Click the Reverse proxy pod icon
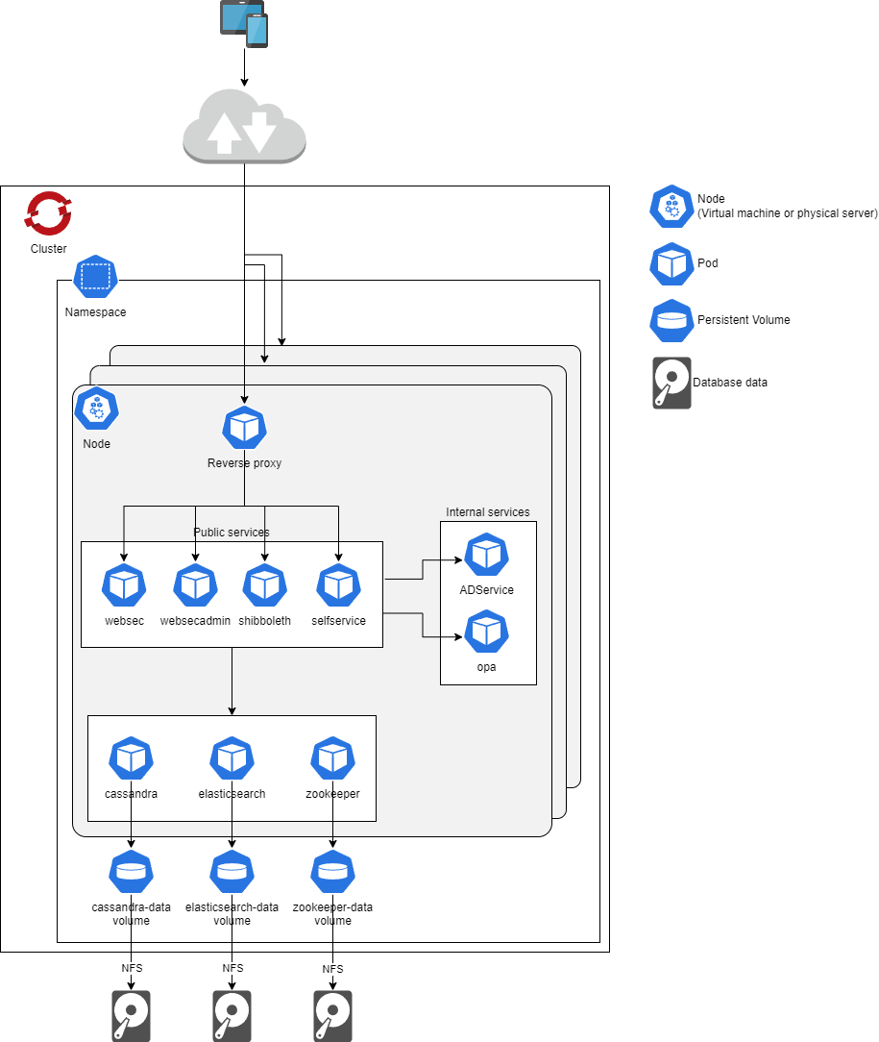pos(244,428)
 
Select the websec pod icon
pos(124,585)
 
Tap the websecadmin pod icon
pos(195,585)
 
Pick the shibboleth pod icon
pos(265,585)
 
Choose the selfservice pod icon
pos(338,585)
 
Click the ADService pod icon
pos(487,555)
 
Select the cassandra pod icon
pos(131,758)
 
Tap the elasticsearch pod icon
pos(232,758)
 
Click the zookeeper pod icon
pos(332,758)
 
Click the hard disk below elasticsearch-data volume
pos(232,1016)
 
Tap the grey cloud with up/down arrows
pos(244,126)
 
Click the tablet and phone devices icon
pos(244,23)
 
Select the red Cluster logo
pos(48,213)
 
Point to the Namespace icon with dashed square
pos(95,277)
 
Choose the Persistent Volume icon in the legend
pos(671,320)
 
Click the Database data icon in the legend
pos(671,383)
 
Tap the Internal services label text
pos(487,512)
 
